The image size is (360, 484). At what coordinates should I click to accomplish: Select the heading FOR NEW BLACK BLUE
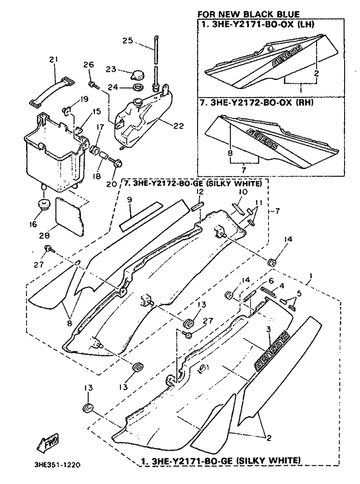(x=249, y=14)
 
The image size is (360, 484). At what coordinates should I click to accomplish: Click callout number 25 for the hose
(x=127, y=40)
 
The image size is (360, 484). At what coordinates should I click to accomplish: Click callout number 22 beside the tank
(x=178, y=126)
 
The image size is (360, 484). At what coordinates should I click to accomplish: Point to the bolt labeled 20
(x=117, y=163)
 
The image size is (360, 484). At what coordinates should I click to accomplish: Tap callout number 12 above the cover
(x=200, y=192)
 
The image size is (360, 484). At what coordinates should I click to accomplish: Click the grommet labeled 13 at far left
(x=88, y=408)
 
